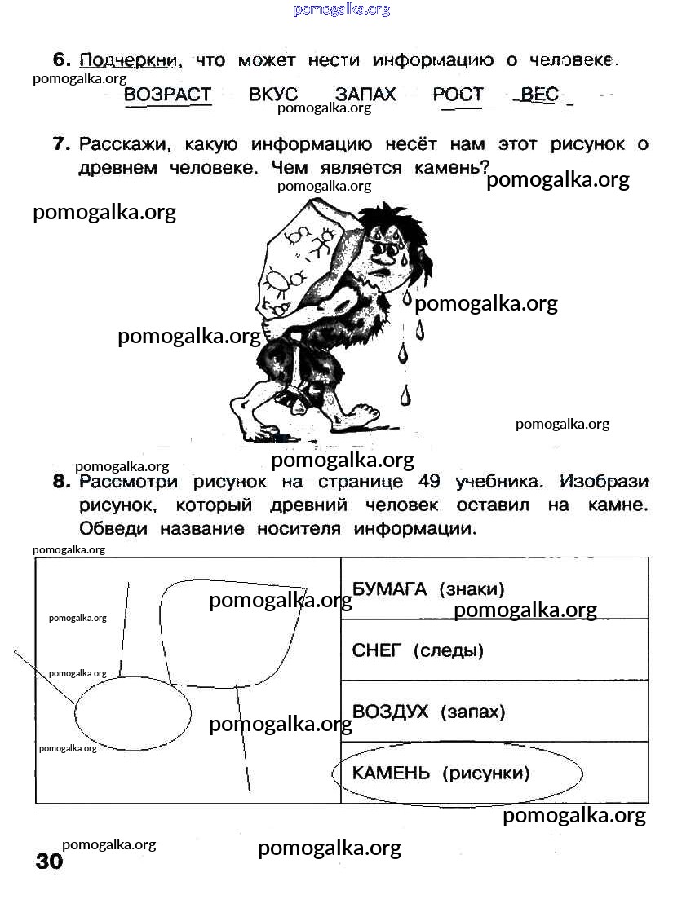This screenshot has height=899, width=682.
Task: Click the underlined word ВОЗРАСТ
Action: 167,95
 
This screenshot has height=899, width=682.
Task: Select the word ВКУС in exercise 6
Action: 273,95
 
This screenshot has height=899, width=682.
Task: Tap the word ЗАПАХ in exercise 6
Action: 365,95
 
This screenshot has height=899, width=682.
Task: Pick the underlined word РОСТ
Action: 458,95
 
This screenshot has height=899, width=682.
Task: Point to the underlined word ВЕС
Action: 539,95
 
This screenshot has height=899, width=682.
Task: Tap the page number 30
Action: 49,862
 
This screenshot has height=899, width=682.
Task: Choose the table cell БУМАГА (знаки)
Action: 494,588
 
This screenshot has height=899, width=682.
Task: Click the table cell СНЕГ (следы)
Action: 494,650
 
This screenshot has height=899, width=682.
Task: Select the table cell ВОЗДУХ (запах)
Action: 494,712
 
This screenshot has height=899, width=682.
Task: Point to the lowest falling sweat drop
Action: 405,396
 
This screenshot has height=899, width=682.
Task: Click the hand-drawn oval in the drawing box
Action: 133,712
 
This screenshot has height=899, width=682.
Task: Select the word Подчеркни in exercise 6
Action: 131,60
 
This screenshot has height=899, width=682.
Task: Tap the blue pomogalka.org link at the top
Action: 342,10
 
